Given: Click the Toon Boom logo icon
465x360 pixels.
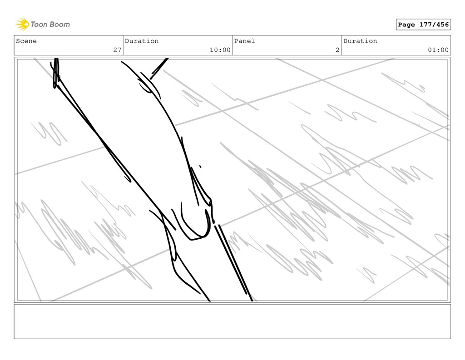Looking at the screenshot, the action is pyautogui.click(x=22, y=24).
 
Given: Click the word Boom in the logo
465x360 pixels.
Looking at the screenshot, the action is pyautogui.click(x=60, y=24).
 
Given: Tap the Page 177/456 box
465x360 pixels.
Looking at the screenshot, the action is pyautogui.click(x=423, y=25).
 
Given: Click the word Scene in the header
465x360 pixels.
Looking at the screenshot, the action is pyautogui.click(x=26, y=41).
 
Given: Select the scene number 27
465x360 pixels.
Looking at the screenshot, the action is pyautogui.click(x=117, y=50).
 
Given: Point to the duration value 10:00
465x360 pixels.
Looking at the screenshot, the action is pyautogui.click(x=220, y=50).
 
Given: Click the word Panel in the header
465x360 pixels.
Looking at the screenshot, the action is pyautogui.click(x=244, y=41).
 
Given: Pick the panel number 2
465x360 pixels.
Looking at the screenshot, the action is pyautogui.click(x=337, y=50).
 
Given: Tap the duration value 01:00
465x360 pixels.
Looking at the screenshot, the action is pyautogui.click(x=438, y=50).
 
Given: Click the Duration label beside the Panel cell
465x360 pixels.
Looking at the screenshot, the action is pyautogui.click(x=360, y=41).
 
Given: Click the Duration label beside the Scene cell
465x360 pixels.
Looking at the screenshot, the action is pyautogui.click(x=142, y=41).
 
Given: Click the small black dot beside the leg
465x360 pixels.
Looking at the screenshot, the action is pyautogui.click(x=200, y=167).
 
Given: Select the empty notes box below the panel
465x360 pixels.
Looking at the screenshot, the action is pyautogui.click(x=232, y=321).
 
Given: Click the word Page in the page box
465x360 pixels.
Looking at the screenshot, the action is pyautogui.click(x=406, y=25).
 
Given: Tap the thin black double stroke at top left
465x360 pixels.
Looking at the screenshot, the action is pyautogui.click(x=55, y=73).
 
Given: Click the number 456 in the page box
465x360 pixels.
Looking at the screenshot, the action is pyautogui.click(x=441, y=25).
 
